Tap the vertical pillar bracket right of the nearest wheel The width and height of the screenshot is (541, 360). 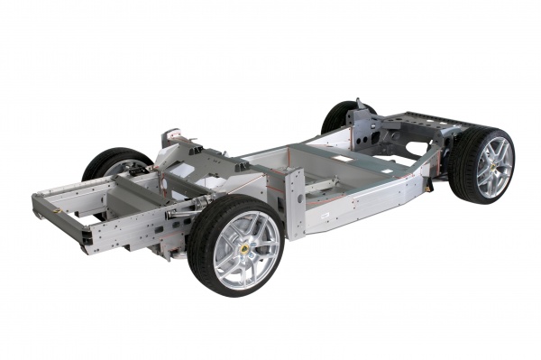(x=295, y=203)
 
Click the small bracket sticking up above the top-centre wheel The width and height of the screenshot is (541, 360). (x=360, y=104)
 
